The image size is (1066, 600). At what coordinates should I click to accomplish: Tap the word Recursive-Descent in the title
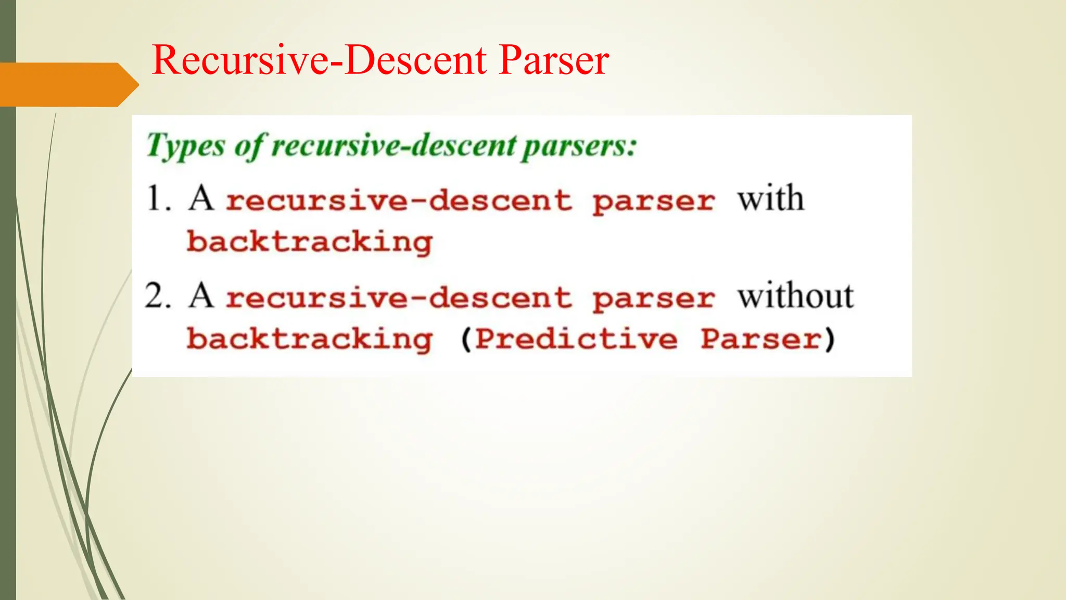pos(319,60)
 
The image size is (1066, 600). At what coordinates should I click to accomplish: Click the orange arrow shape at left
pos(68,84)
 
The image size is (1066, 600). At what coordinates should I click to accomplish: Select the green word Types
pos(185,146)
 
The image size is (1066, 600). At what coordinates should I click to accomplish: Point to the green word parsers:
pos(579,146)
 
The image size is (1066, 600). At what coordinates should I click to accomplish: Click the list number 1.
pos(158,199)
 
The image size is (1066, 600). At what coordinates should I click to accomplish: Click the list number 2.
pos(158,296)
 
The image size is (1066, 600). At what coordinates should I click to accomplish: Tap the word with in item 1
pos(770,199)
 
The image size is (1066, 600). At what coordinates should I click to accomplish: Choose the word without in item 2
pos(795,296)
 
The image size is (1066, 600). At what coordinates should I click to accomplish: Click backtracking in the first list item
pos(310,242)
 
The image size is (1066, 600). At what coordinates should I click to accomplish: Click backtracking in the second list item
pos(310,340)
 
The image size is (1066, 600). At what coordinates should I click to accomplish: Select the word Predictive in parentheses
pos(576,340)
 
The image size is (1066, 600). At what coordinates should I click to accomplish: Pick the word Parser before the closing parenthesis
pos(760,340)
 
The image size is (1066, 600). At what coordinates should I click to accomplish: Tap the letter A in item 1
pos(201,199)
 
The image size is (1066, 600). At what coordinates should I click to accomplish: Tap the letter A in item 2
pos(201,296)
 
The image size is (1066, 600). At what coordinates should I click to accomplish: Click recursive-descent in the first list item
pos(399,201)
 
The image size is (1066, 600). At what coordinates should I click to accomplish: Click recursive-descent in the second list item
pos(399,298)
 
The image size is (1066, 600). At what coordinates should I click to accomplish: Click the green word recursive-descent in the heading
pos(394,146)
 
